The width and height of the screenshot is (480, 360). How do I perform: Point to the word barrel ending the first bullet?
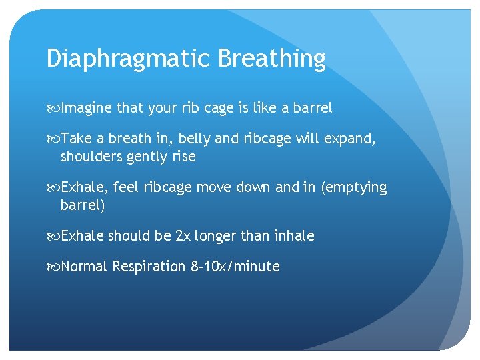pos(312,107)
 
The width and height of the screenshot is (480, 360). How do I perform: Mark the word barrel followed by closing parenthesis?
pos(81,205)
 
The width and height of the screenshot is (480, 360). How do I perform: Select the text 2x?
pos(183,236)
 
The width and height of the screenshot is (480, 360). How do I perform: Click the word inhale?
pos(293,236)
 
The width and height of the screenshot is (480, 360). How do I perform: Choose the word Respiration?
pos(149,267)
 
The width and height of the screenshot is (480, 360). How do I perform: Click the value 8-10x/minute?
pos(235,267)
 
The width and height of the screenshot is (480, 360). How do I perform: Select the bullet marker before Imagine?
pos(53,108)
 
